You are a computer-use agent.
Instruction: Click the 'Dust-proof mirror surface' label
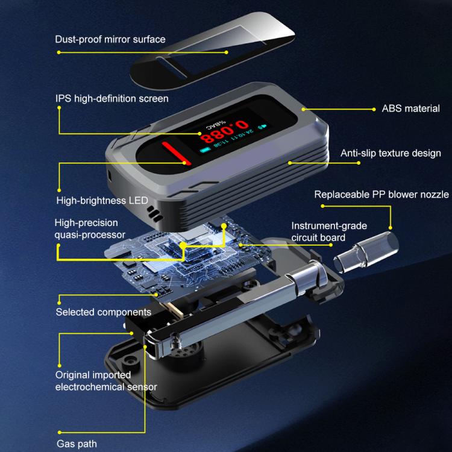coord(110,39)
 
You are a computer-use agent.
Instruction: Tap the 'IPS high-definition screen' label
coord(112,98)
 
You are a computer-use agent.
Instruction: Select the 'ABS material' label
coord(411,109)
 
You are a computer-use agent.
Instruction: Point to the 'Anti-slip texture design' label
coord(391,153)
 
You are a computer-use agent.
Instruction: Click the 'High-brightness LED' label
coord(102,201)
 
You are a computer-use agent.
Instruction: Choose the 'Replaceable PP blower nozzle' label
coord(381,194)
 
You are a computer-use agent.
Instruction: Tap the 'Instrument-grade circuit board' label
coord(328,231)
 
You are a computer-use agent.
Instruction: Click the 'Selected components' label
coord(103,312)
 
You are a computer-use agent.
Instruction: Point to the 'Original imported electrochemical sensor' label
coord(106,381)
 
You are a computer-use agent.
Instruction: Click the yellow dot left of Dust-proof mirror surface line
coord(58,52)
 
